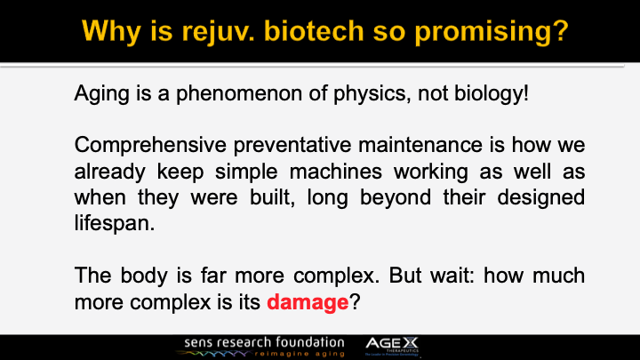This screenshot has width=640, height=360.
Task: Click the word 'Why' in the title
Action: (x=113, y=32)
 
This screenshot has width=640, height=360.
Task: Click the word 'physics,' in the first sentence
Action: (x=356, y=92)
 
